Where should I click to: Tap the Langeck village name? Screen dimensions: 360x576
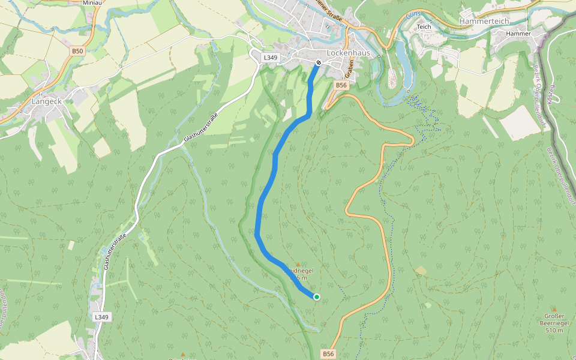coord(46,101)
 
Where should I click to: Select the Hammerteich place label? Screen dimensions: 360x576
coord(484,21)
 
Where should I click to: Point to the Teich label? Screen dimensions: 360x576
coord(424,27)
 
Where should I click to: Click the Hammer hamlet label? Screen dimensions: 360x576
coord(518,34)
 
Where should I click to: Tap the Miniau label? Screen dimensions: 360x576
coord(92,3)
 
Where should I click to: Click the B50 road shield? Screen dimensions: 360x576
coord(77,52)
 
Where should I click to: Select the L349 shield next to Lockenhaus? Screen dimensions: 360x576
coord(271,58)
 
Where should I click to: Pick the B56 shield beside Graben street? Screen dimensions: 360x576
coord(341,85)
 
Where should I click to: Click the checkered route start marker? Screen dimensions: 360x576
coord(319,62)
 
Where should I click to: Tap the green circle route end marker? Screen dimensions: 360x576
coord(316,296)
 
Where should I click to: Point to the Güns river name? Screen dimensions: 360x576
coord(411,15)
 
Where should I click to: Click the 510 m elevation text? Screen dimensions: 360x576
coord(554,330)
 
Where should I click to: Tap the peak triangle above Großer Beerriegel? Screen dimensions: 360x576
coord(554,310)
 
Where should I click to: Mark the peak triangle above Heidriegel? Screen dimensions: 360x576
coord(298,264)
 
